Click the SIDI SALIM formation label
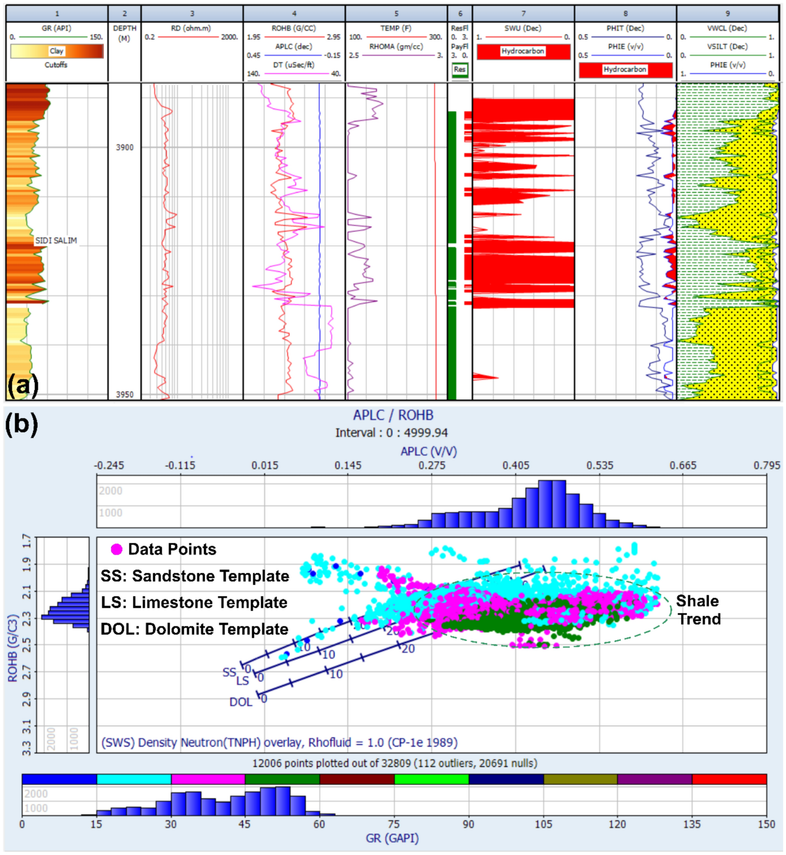tap(56, 241)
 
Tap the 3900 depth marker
tap(124, 148)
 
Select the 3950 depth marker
tap(124, 394)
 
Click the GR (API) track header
tap(56, 29)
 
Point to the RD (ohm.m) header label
tap(191, 29)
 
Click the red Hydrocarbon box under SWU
tap(523, 51)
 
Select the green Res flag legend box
tap(459, 70)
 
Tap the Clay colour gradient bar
tap(56, 51)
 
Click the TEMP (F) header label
tap(396, 29)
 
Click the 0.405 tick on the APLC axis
tap(515, 465)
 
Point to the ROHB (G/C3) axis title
tap(13, 648)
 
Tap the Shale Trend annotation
tap(697, 610)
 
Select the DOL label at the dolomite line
tap(241, 702)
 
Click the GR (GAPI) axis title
tap(392, 839)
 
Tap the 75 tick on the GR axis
tap(394, 824)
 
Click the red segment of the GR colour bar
tap(729, 779)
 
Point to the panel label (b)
tap(21, 425)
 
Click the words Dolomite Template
tap(217, 629)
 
